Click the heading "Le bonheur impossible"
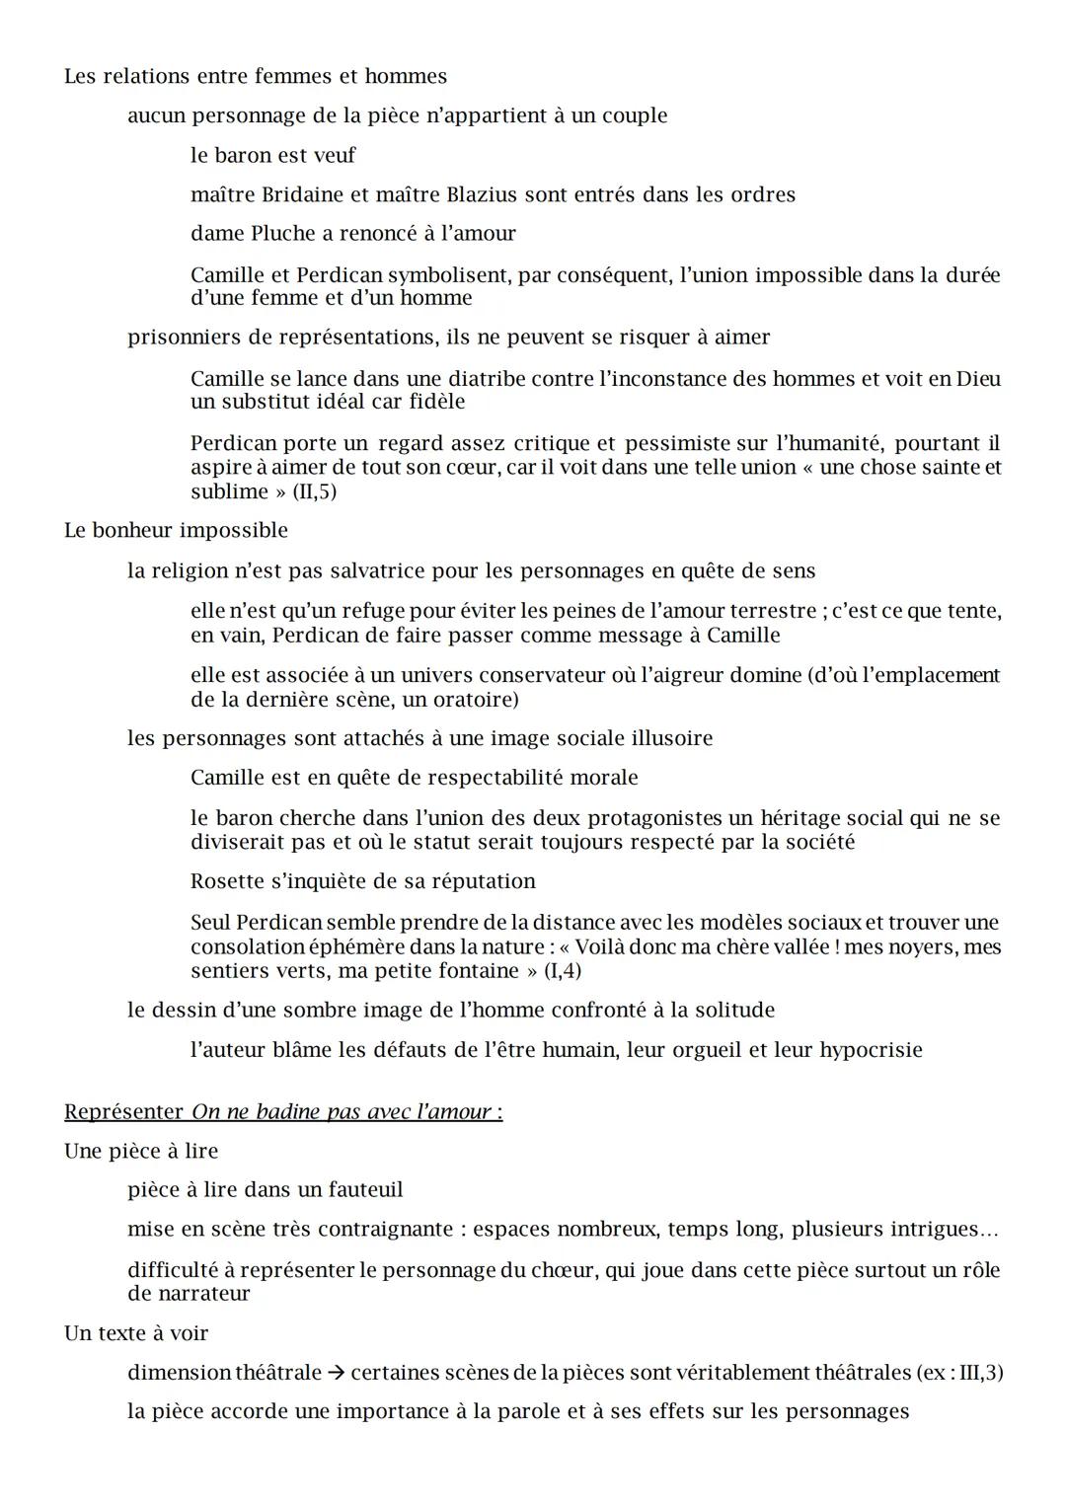(x=176, y=531)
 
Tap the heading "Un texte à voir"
(x=136, y=1333)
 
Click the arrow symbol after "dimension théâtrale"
(x=336, y=1373)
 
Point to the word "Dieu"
(x=978, y=379)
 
